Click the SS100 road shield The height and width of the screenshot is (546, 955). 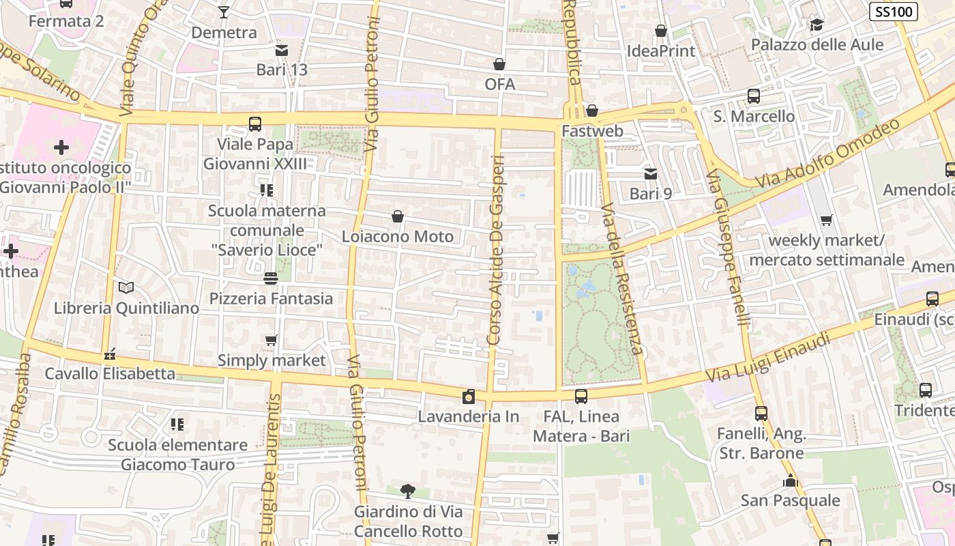coord(893,12)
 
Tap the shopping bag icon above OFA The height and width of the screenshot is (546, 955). coord(499,64)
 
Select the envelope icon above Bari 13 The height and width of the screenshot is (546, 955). coord(282,50)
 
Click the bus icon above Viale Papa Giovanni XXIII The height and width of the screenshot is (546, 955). coord(254,124)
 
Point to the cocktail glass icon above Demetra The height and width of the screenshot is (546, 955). coord(224,12)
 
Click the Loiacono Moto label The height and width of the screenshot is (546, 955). coord(398,237)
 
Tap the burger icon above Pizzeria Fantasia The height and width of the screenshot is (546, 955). coord(271,278)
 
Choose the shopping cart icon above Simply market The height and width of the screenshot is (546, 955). coord(271,340)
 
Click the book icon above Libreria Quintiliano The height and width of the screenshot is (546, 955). coord(126,288)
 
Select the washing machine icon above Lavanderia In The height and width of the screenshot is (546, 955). coord(469,397)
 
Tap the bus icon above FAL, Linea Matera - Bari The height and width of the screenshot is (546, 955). coord(581,396)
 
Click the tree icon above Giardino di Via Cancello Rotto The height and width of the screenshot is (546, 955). coord(408,491)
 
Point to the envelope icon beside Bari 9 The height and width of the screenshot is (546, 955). coord(651,174)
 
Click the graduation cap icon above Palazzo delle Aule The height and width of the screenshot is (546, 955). coord(817,25)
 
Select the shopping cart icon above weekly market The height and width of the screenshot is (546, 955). coord(827,220)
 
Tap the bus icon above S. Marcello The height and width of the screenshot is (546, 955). coord(754,96)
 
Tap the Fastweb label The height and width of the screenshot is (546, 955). coord(592,130)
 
